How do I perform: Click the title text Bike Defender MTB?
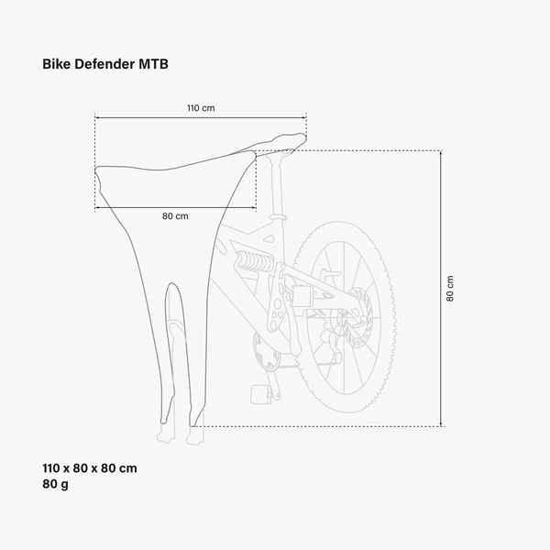pos(104,65)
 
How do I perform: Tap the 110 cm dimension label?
pos(201,108)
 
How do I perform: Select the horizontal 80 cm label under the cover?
pos(175,216)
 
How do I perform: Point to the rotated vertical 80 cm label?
pos(450,288)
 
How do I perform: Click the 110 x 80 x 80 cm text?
pos(91,467)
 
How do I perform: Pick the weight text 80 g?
pos(56,484)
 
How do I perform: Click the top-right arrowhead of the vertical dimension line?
pos(443,152)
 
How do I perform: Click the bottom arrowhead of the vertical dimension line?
pos(443,423)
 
